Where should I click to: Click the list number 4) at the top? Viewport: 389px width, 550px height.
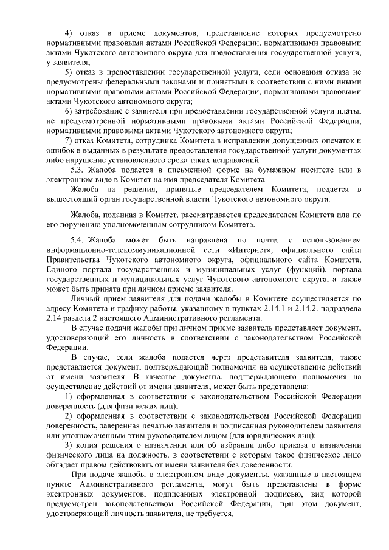(x=69, y=31)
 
